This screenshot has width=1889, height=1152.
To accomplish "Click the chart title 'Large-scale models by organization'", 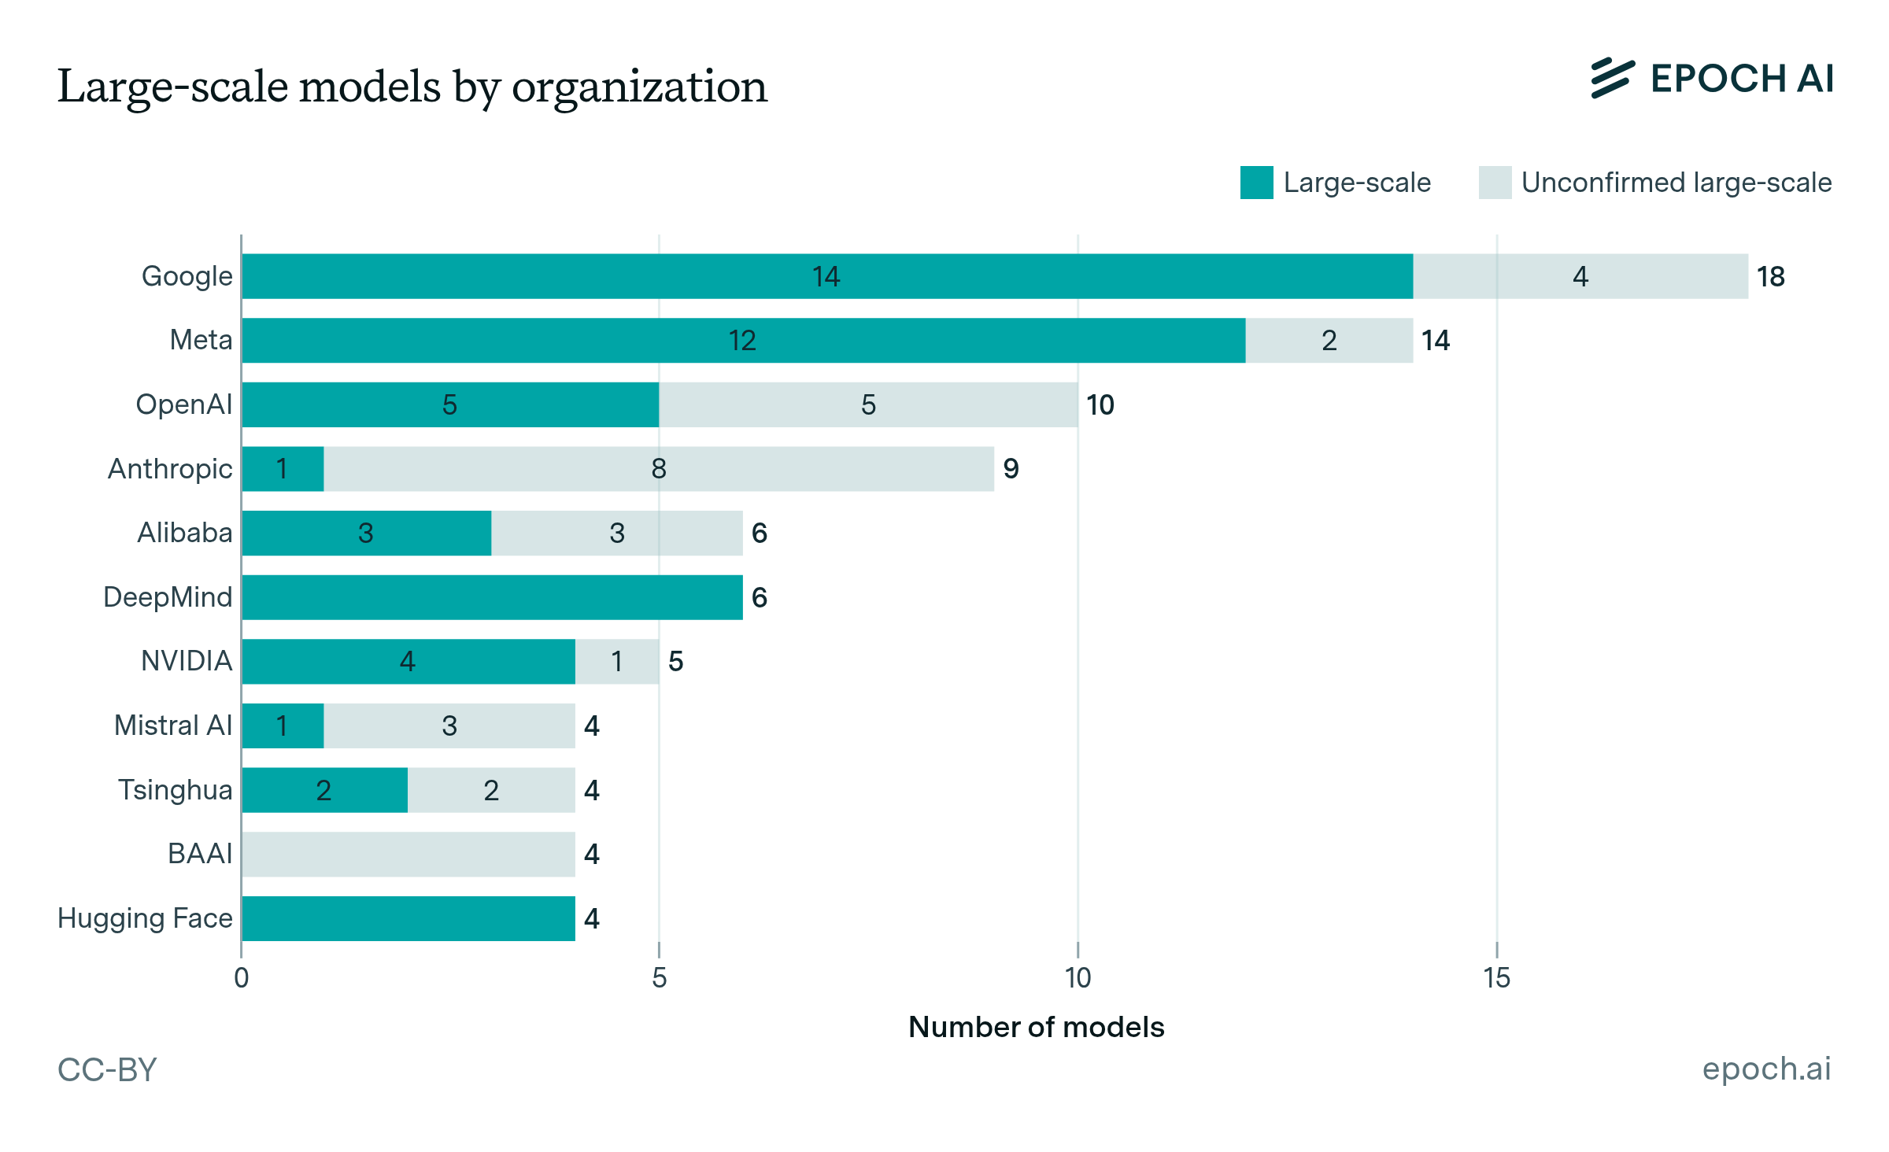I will [x=412, y=87].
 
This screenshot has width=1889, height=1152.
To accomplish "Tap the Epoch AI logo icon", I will [x=1612, y=79].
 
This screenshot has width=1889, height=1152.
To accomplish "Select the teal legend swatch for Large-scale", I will [x=1256, y=183].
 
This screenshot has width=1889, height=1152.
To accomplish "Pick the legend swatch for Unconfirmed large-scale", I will [x=1495, y=183].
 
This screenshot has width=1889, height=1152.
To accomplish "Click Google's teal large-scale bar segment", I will [x=826, y=276].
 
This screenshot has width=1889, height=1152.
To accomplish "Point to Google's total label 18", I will [x=1770, y=277].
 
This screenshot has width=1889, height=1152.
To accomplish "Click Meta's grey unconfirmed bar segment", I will [x=1329, y=341].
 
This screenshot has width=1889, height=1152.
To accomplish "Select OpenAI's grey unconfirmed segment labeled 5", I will [x=868, y=404].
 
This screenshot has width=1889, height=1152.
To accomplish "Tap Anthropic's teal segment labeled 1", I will [x=283, y=469].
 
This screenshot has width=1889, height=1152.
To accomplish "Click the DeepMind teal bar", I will [x=492, y=597].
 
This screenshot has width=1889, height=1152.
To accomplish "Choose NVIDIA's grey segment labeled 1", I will [x=617, y=662].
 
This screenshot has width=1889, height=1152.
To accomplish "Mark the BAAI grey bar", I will [x=408, y=855].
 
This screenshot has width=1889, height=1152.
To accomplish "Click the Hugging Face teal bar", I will [x=408, y=918].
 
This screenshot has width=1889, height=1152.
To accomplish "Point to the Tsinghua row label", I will [x=175, y=790].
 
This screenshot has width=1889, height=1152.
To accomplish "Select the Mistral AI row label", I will [x=173, y=726].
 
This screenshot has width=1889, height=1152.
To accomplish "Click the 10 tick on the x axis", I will [x=1078, y=978].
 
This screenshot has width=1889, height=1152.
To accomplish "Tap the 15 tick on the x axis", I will [x=1496, y=978].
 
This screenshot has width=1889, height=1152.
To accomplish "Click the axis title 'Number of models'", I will [x=1036, y=1027].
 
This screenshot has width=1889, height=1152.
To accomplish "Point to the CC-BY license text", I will [x=107, y=1069].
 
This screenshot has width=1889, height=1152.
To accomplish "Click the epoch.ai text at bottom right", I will [x=1766, y=1069].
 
